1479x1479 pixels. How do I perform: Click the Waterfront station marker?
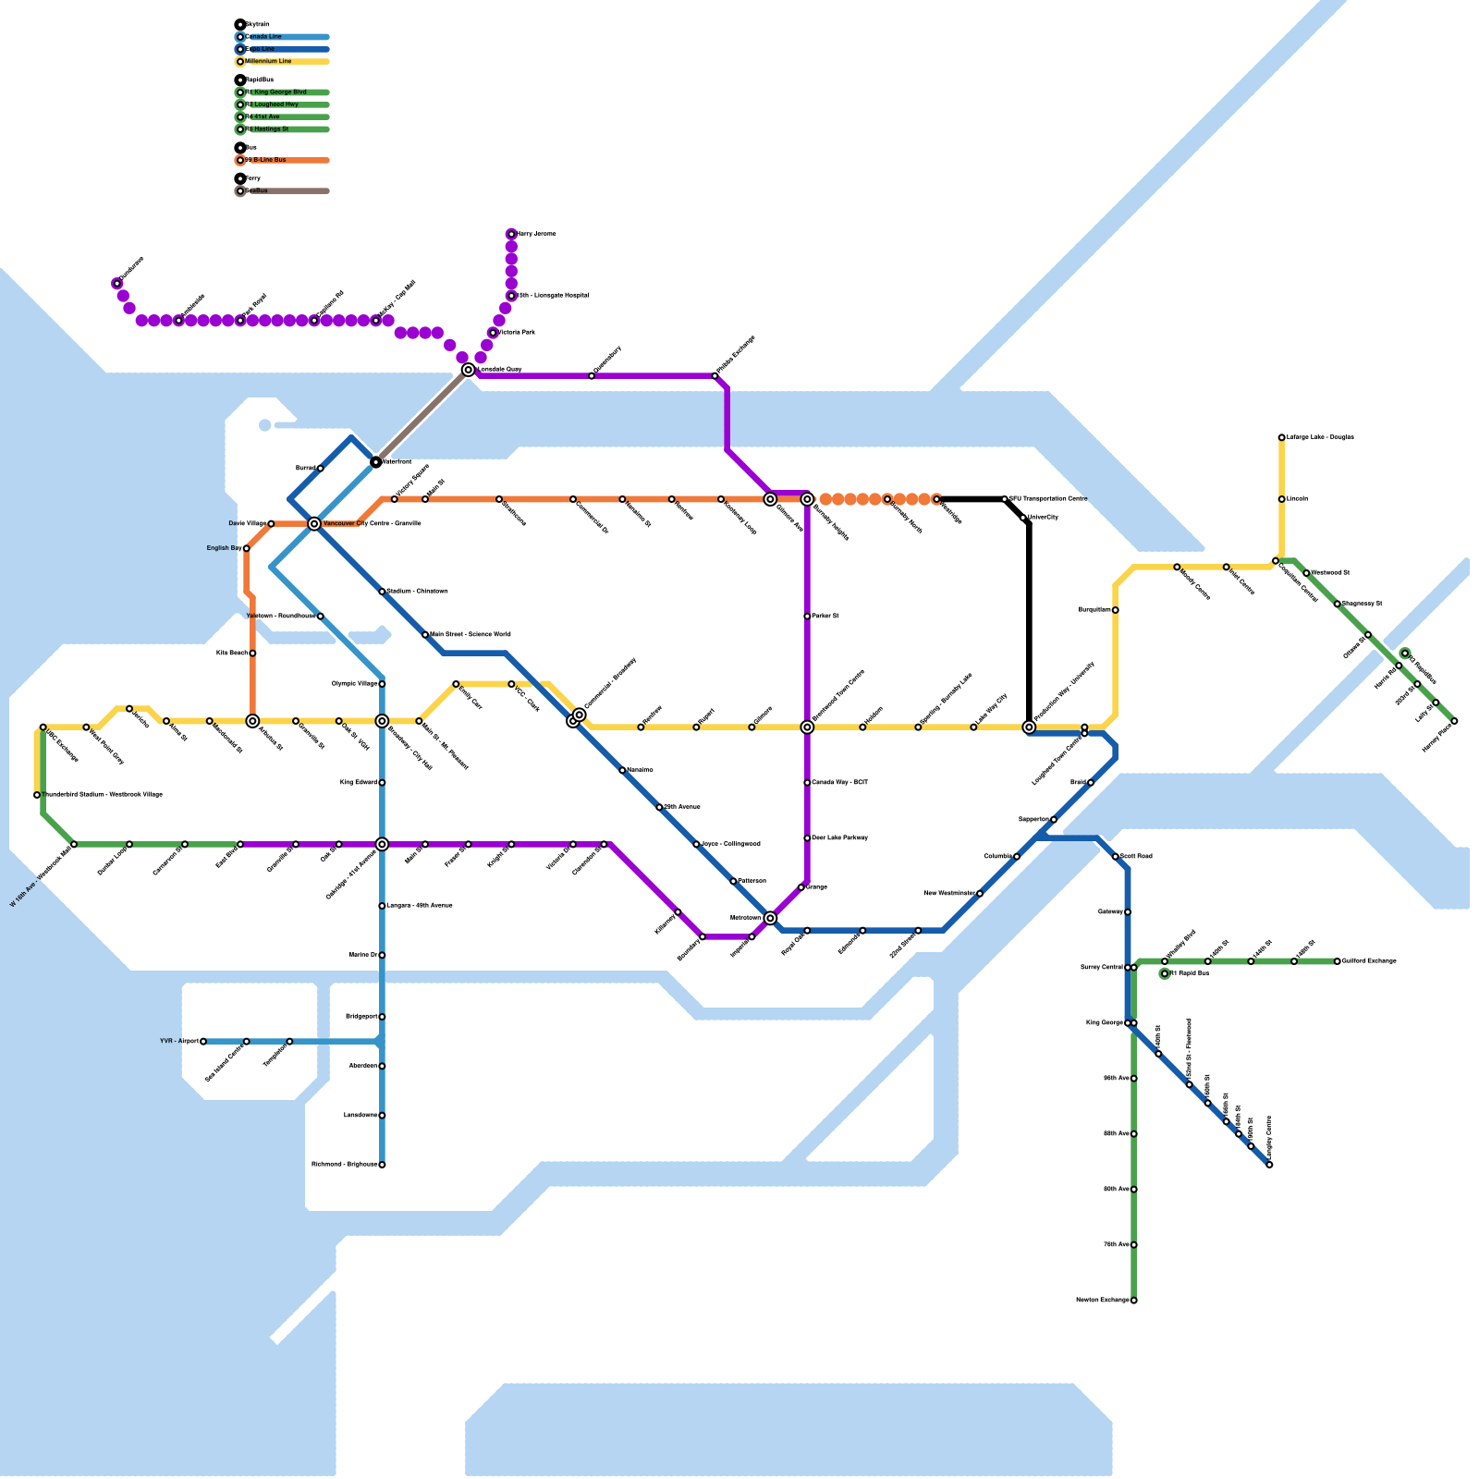click(x=376, y=462)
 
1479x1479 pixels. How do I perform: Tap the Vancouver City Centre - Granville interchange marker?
click(x=314, y=524)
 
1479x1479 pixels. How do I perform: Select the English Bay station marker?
click(x=246, y=549)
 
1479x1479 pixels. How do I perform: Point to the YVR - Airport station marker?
click(x=203, y=1042)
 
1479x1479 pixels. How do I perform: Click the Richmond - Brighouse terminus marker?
click(x=382, y=1165)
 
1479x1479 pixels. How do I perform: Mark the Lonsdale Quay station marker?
click(x=469, y=370)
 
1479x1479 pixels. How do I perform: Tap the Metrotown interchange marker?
click(x=770, y=918)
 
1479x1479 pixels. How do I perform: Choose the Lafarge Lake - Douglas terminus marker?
click(x=1281, y=437)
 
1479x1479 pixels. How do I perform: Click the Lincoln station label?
click(x=1297, y=499)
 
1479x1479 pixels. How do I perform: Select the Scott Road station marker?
click(x=1115, y=857)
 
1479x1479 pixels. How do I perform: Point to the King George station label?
click(x=1104, y=1023)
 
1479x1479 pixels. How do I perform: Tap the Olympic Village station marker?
click(x=382, y=684)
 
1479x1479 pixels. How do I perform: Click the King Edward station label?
click(x=359, y=783)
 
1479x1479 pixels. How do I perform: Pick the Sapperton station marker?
click(x=1054, y=820)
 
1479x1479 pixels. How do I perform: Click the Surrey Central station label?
click(x=1101, y=968)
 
